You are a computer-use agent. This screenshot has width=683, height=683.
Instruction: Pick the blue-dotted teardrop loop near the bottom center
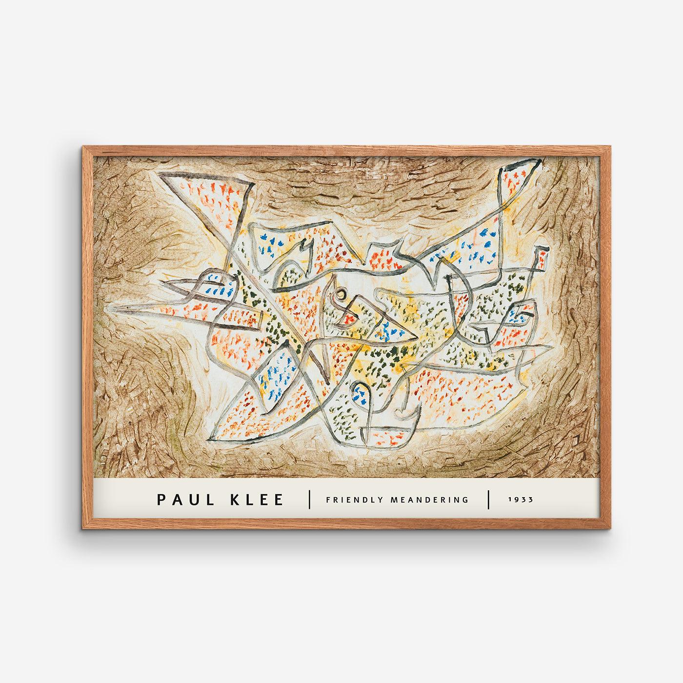360,390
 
